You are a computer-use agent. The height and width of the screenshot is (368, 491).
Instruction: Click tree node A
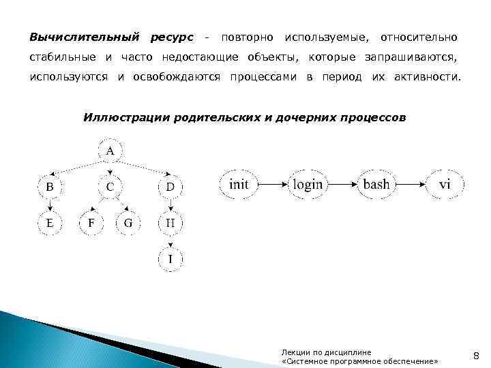click(x=110, y=151)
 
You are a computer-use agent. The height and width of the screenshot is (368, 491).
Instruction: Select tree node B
click(x=49, y=186)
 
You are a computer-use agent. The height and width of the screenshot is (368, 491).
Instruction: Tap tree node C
click(x=110, y=186)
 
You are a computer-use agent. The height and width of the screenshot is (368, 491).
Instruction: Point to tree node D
click(x=170, y=186)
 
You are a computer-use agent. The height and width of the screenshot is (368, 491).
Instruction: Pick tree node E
click(x=49, y=222)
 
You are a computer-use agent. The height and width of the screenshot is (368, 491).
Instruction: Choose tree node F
click(x=91, y=222)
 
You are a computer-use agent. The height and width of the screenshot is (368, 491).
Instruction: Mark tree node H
click(x=170, y=222)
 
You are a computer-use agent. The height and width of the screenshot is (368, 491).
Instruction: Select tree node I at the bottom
click(x=170, y=258)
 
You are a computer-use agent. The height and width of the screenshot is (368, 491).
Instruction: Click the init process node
click(x=239, y=184)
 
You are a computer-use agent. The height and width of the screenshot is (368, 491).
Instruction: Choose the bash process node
click(x=376, y=184)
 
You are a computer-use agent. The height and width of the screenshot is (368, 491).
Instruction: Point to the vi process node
click(x=445, y=184)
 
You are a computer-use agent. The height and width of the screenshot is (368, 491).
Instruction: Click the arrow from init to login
click(x=273, y=184)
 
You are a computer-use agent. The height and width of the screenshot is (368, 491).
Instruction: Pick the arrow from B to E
click(x=49, y=204)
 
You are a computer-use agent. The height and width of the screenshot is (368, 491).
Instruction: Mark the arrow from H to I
click(x=170, y=241)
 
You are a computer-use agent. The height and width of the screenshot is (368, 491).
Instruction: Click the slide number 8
click(x=476, y=354)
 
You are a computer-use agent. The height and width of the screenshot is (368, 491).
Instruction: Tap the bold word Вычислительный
click(x=82, y=35)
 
